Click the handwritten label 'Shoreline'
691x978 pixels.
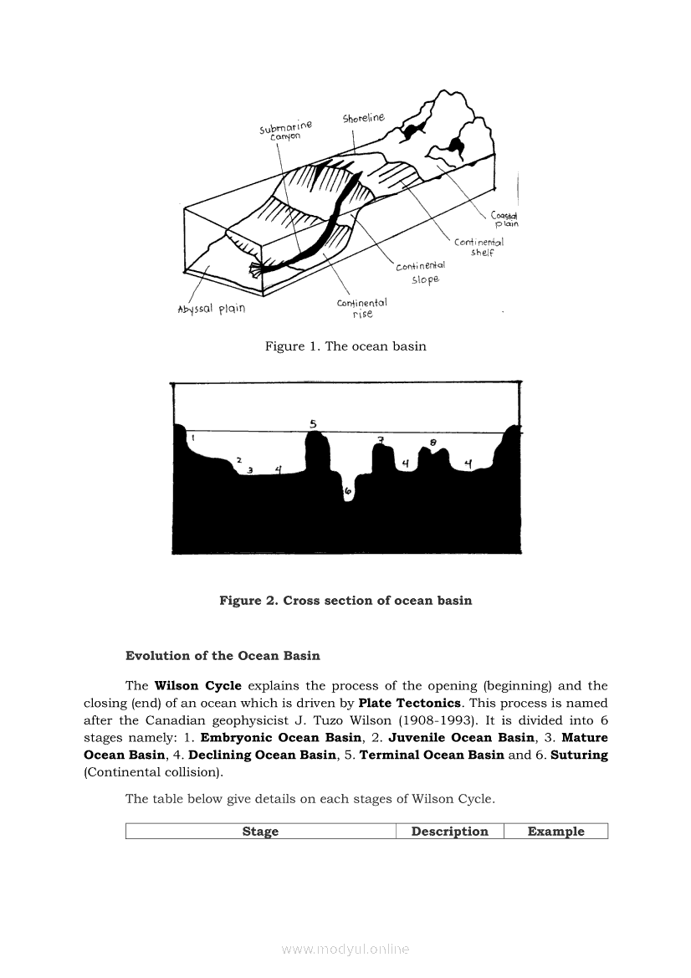point(363,119)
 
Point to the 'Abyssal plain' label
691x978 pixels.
point(212,309)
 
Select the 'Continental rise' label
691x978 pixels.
point(361,308)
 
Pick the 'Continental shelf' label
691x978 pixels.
point(479,247)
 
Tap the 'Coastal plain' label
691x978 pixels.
point(504,218)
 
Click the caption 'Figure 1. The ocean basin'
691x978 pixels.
point(345,346)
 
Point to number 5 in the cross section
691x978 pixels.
point(313,424)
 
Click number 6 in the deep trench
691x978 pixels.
point(348,494)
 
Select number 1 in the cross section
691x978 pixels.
point(192,438)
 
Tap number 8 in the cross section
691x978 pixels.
point(433,443)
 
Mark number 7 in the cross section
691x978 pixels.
point(381,440)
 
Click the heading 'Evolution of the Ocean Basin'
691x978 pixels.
point(223,655)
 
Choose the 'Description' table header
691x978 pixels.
point(449,832)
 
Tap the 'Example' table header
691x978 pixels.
point(555,832)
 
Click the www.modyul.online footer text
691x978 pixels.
point(345,950)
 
